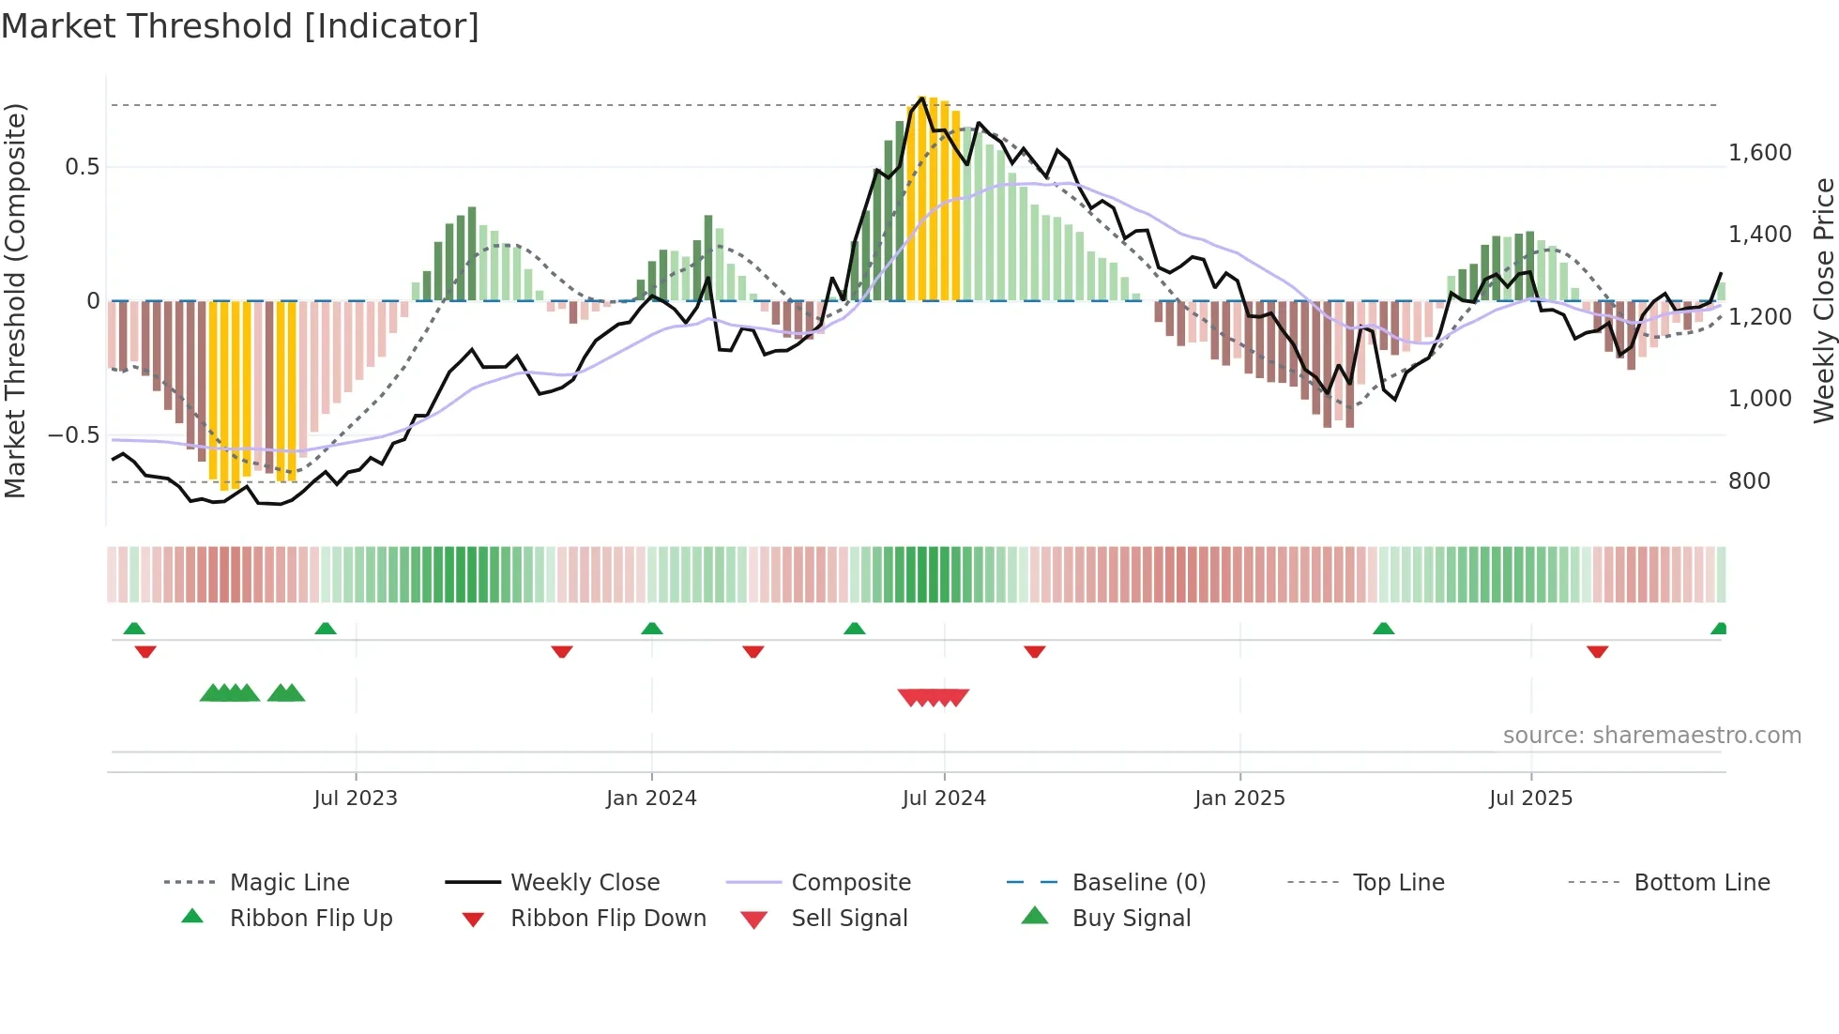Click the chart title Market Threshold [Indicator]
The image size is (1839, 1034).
coord(240,26)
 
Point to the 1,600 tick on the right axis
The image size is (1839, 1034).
coord(1759,153)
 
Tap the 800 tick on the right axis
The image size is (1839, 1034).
coord(1749,481)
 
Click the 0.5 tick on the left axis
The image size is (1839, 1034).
coord(82,167)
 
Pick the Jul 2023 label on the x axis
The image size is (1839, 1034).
coord(356,798)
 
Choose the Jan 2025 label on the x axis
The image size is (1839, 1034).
coord(1239,798)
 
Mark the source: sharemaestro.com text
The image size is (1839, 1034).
coord(1651,736)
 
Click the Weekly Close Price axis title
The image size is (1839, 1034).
coord(1823,300)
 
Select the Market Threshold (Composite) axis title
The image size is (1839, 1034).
coord(15,300)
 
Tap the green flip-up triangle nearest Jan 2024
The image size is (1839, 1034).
coord(652,629)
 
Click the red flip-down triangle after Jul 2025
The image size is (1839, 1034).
coord(1598,651)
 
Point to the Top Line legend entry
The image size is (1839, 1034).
coord(1398,883)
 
